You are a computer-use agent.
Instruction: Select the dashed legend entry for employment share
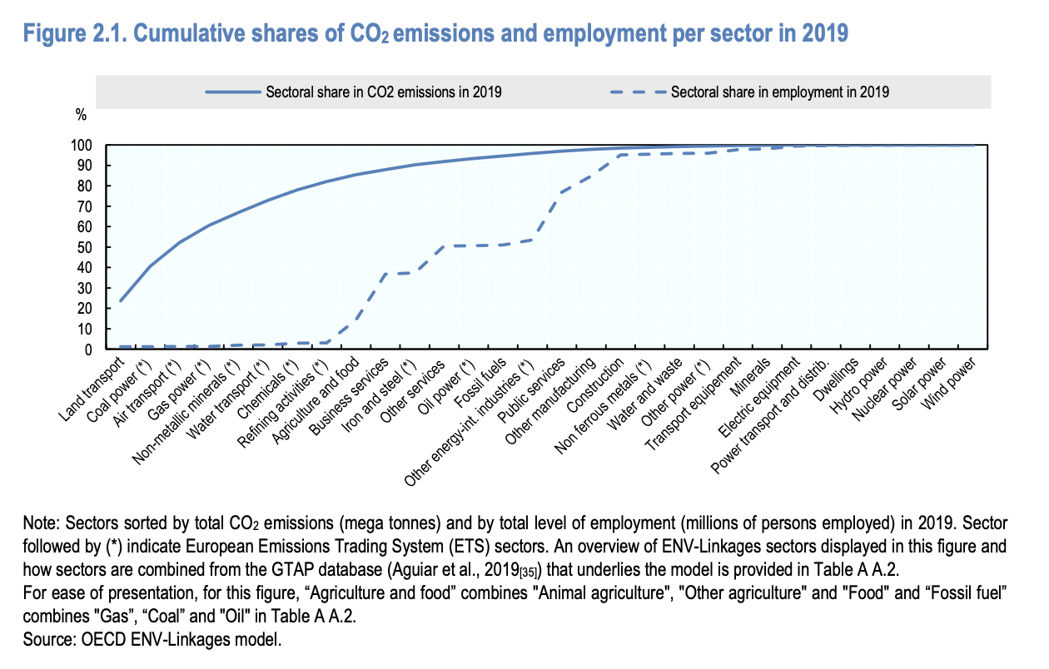coord(779,92)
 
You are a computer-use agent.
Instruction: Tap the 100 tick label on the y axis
coord(87,146)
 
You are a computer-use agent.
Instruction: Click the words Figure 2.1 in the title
coord(72,34)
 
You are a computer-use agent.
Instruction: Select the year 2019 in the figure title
coord(824,34)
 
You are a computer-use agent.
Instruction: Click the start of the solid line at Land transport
coord(122,300)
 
